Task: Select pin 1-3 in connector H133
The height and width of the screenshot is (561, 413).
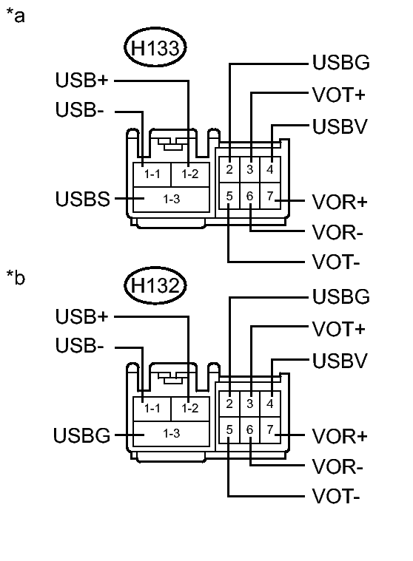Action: pyautogui.click(x=171, y=200)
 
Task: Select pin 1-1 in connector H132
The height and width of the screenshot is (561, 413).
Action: pyautogui.click(x=152, y=408)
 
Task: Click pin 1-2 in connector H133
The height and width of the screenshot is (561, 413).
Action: pyautogui.click(x=190, y=174)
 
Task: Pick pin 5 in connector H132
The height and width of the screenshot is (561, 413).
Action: pyautogui.click(x=230, y=429)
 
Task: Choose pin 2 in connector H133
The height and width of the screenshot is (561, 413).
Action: pyautogui.click(x=230, y=170)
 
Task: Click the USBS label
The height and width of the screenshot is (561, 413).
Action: pyautogui.click(x=82, y=200)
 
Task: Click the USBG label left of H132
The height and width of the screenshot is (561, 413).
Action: pyautogui.click(x=81, y=435)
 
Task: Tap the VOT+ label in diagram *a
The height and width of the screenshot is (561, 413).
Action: pyautogui.click(x=340, y=95)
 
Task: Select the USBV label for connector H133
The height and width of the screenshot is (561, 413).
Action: pyautogui.click(x=340, y=126)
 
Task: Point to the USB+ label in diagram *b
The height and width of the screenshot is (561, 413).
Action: pyautogui.click(x=82, y=316)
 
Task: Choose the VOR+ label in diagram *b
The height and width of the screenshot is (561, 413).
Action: pyautogui.click(x=340, y=436)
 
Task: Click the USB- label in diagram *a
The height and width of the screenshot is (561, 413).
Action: pyautogui.click(x=80, y=110)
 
